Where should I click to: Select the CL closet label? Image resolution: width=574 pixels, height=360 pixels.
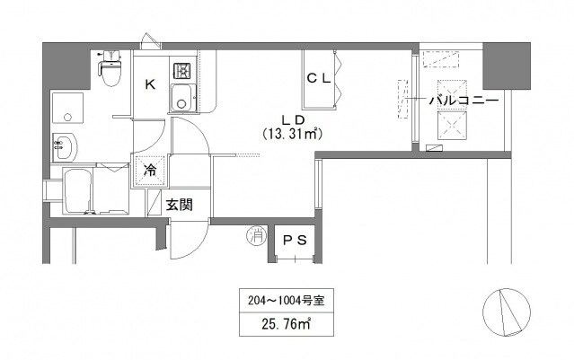point(319,78)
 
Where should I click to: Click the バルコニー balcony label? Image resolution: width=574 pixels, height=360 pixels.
point(464,101)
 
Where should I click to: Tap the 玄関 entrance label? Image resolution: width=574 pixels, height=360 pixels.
point(179,205)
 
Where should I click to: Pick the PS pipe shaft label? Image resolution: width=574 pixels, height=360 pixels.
point(294,240)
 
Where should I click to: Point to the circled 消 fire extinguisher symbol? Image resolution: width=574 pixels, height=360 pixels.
point(256,237)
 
